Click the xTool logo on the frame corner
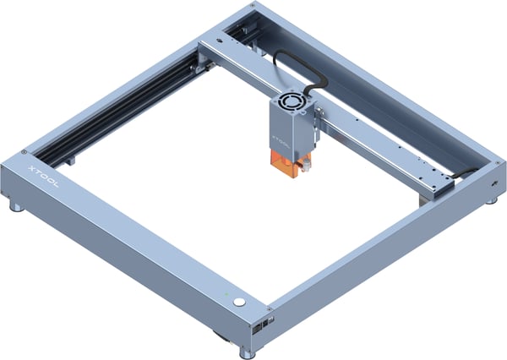tap(43, 176)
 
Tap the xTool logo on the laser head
tap(281, 142)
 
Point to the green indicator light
tap(226, 294)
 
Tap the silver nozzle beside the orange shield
tap(305, 166)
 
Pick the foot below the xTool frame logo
tap(16, 207)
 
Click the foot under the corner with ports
tap(248, 352)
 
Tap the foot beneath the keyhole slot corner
tap(492, 200)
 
